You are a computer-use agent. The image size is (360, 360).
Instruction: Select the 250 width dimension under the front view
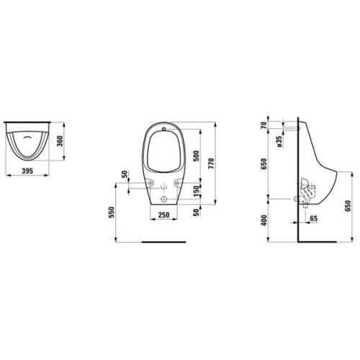(x=163, y=215)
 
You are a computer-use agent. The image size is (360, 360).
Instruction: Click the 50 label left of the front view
(x=125, y=176)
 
